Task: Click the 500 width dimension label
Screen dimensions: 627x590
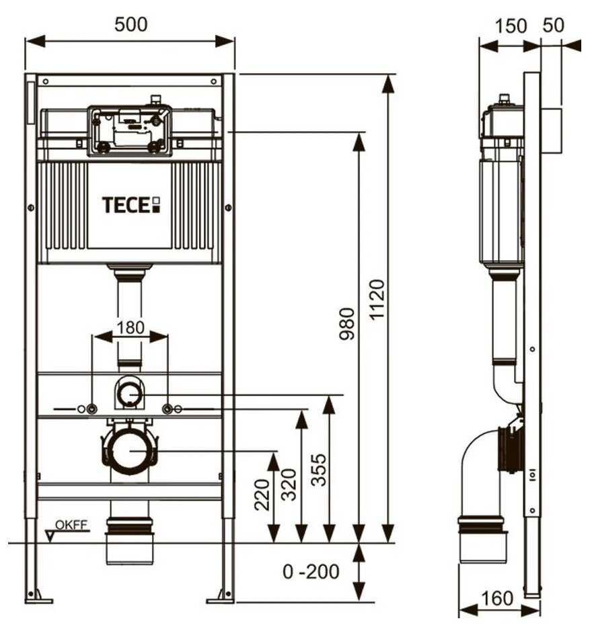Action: [131, 24]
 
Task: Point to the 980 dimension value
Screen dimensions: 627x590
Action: [347, 323]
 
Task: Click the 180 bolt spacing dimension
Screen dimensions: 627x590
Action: [131, 327]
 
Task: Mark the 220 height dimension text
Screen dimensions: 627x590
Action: [263, 494]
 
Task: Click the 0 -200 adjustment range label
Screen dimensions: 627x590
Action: [311, 572]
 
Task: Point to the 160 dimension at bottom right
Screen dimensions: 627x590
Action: [498, 597]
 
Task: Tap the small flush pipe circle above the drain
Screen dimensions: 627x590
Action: [129, 393]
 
